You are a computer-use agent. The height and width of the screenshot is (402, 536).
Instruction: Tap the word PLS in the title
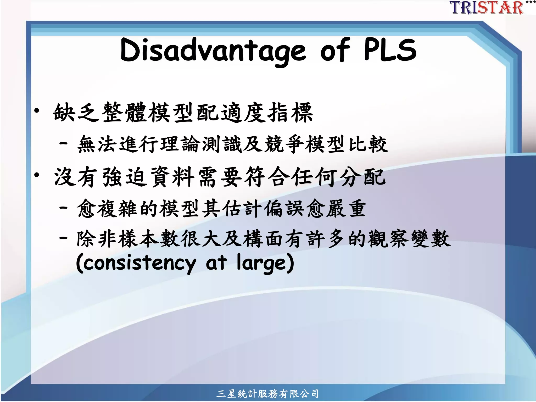pos(390,50)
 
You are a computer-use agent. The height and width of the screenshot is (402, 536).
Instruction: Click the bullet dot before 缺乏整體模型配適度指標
pos(37,111)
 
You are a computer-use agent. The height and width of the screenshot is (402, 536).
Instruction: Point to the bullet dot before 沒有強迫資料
pos(37,175)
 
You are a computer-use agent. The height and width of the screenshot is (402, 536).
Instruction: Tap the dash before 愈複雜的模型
pos(64,208)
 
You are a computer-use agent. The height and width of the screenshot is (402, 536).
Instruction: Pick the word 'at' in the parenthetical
pos(216,263)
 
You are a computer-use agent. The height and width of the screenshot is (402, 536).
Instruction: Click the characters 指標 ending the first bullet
pos(291,113)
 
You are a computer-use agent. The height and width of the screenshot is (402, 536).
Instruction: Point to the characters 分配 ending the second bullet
pos(363,177)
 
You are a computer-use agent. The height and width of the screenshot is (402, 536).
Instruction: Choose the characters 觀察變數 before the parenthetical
pos(409,238)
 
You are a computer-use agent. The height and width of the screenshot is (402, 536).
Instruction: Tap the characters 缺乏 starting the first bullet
pos(76,113)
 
